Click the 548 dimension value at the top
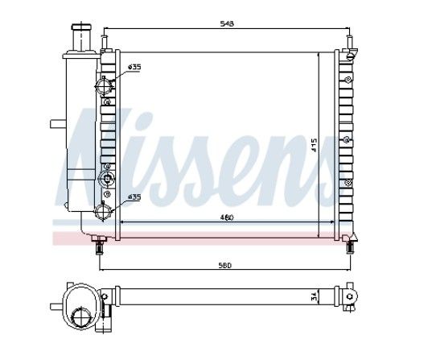coord(227,23)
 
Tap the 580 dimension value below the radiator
coord(225,266)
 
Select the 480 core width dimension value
coord(227,217)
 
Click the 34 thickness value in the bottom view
coord(313,297)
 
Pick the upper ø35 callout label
coord(134,67)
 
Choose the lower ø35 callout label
coord(134,197)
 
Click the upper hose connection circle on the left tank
coord(104,86)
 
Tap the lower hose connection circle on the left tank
coord(104,211)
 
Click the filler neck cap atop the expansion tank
coord(80,27)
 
